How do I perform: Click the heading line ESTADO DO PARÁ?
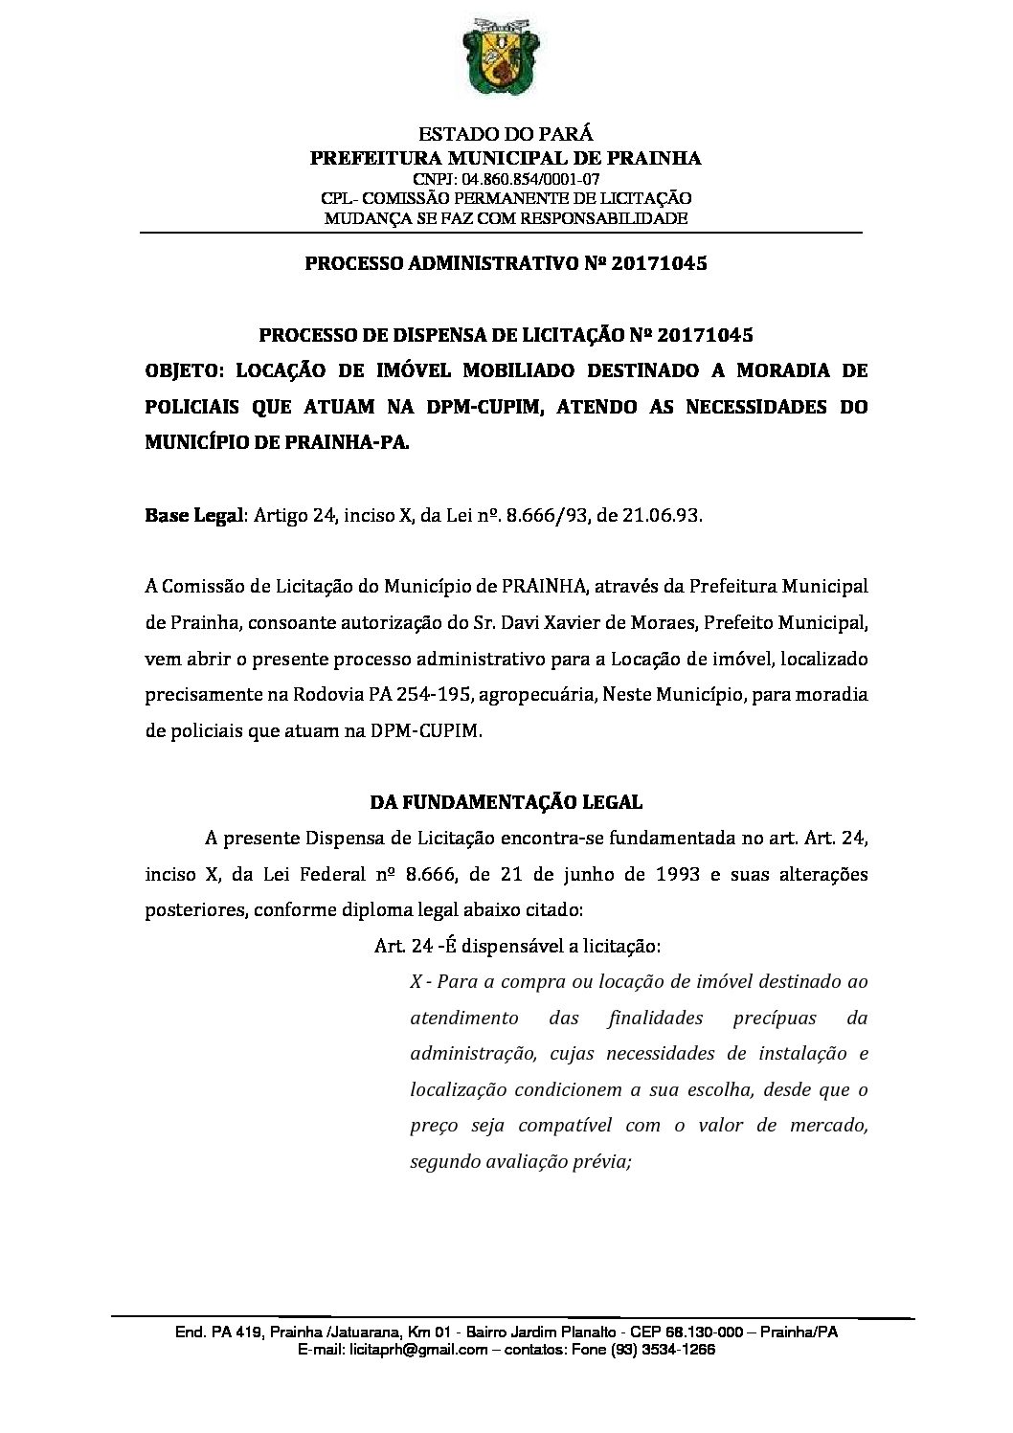[506, 135]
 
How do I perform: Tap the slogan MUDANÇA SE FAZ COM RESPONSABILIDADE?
[506, 218]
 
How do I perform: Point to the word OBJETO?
[185, 371]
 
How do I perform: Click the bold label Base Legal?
[195, 515]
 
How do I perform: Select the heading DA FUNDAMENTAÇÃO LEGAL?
[506, 802]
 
